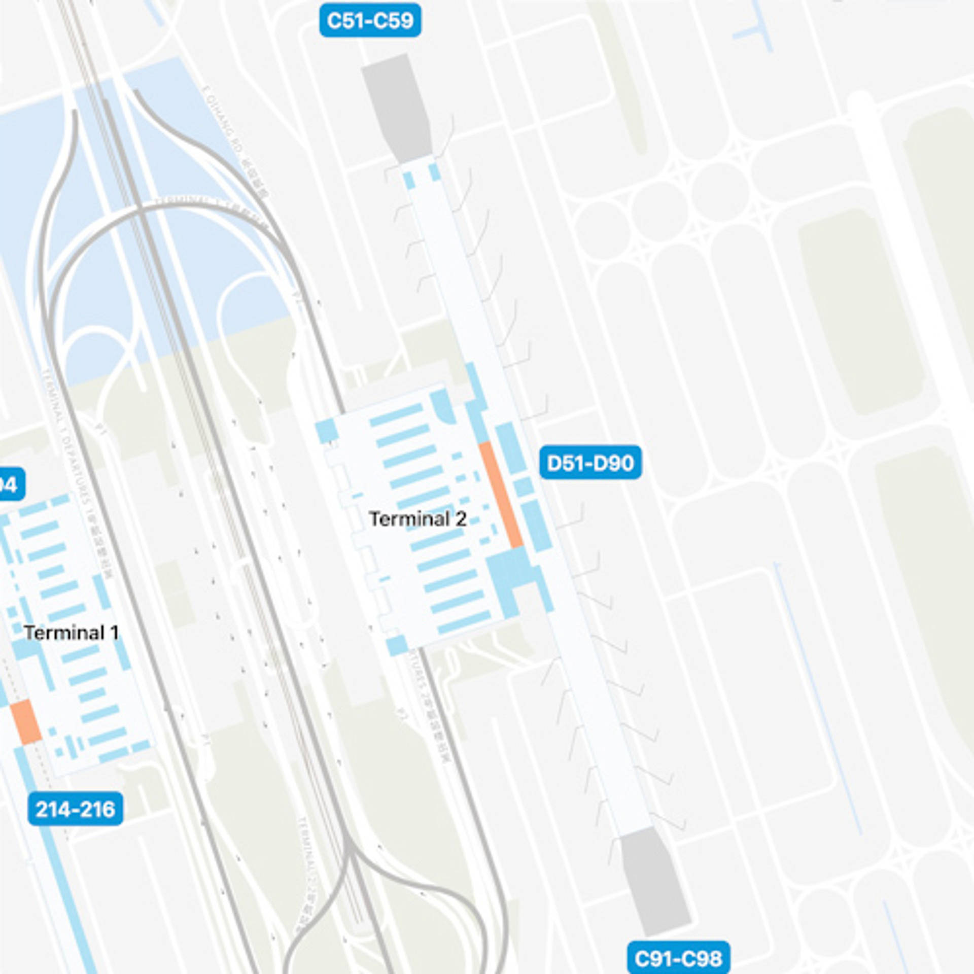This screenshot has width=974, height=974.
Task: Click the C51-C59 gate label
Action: [370, 20]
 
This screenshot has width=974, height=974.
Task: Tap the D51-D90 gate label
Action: [590, 463]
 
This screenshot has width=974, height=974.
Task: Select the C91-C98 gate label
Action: [678, 958]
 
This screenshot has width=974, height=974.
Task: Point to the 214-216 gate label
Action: [75, 809]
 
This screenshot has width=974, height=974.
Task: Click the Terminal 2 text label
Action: [418, 518]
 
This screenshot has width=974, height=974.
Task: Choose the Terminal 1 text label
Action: [71, 633]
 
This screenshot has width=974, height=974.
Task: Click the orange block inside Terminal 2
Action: [501, 495]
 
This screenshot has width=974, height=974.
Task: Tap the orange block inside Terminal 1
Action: [25, 721]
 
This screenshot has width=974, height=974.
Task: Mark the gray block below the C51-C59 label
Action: [398, 107]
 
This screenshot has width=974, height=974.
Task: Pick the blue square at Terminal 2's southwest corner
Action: [397, 645]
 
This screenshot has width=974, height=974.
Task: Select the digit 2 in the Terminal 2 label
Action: [461, 518]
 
